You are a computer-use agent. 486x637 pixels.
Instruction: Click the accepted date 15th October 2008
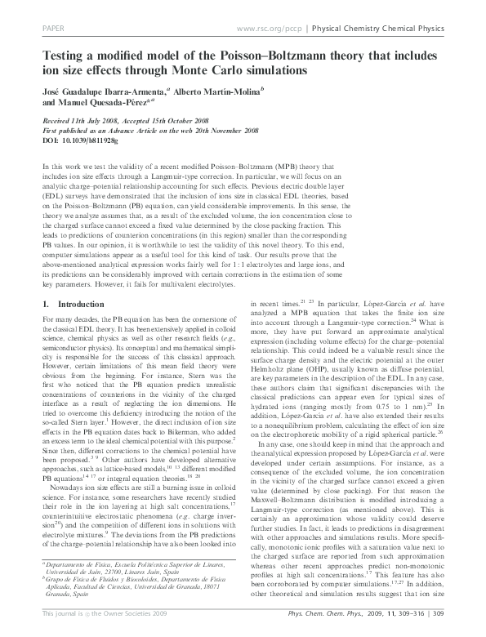click(175, 119)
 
